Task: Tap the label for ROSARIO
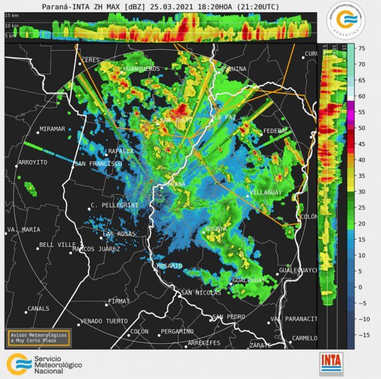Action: (x=170, y=265)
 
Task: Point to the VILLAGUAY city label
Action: (x=266, y=192)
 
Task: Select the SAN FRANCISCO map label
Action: (x=98, y=164)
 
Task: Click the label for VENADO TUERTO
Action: (x=104, y=321)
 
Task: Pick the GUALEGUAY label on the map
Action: (x=249, y=279)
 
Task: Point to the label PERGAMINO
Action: (x=177, y=331)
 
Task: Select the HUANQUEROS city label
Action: (x=141, y=69)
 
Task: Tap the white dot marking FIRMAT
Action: (x=106, y=304)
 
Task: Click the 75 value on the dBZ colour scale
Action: (x=363, y=48)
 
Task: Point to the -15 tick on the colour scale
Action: (x=364, y=335)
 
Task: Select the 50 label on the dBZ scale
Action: (x=363, y=128)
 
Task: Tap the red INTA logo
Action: (x=331, y=363)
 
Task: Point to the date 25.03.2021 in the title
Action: (x=164, y=7)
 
